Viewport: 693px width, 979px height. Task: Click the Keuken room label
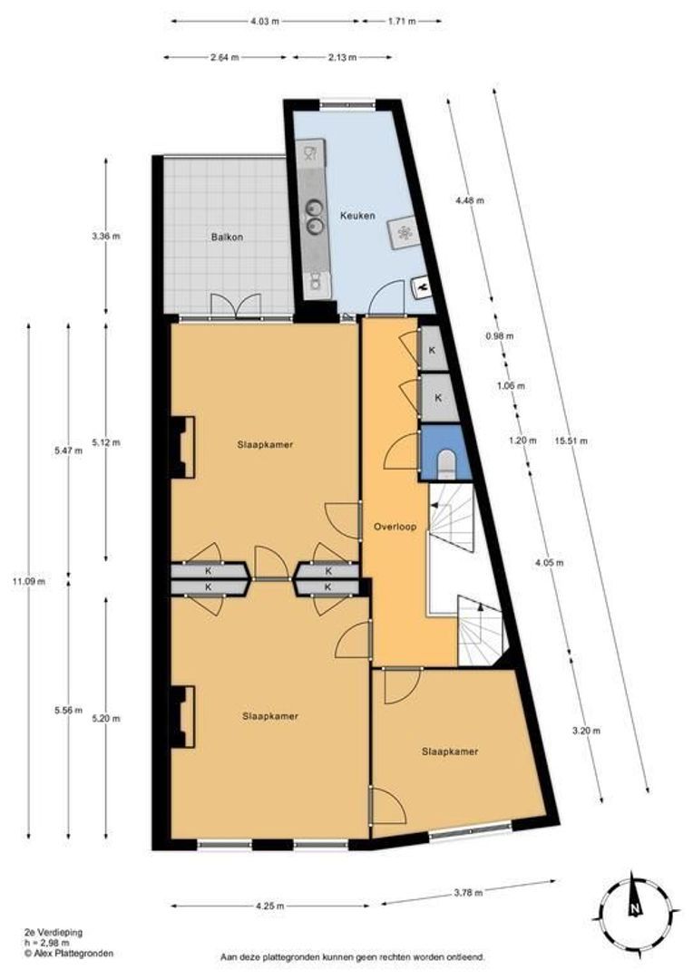point(357,216)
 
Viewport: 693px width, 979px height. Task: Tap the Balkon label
point(227,237)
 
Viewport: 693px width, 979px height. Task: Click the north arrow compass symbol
point(634,906)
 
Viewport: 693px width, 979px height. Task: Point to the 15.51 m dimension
point(570,441)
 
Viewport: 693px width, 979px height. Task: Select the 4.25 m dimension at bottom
point(269,906)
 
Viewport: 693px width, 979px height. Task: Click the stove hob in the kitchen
point(403,233)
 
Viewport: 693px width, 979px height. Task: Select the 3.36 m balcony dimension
point(106,237)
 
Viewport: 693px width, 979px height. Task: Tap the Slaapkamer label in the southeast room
point(449,751)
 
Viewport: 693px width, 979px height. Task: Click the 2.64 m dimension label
point(224,57)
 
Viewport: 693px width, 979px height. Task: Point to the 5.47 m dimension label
point(68,450)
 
